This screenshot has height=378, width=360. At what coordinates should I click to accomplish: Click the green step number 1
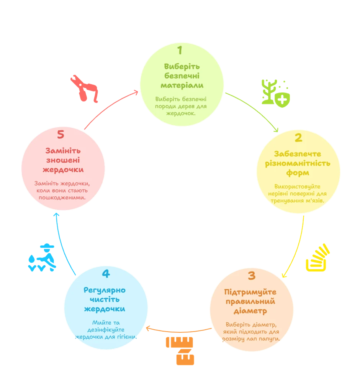(180, 50)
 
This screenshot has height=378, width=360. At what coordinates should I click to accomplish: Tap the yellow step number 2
(298, 138)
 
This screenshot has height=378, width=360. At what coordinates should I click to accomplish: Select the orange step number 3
(251, 275)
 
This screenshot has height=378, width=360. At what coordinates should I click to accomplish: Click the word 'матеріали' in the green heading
(182, 85)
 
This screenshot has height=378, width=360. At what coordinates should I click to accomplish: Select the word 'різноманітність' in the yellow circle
(298, 163)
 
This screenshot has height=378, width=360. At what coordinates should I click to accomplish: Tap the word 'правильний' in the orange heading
(251, 301)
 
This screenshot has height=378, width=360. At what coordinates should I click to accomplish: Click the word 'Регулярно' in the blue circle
(105, 290)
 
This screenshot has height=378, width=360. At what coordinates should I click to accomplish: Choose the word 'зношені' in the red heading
(63, 160)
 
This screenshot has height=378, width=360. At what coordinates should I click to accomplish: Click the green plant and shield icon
(275, 91)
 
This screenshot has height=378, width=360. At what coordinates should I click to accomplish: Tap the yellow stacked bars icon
(317, 258)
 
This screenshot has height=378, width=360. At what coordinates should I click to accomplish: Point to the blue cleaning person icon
(42, 258)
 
